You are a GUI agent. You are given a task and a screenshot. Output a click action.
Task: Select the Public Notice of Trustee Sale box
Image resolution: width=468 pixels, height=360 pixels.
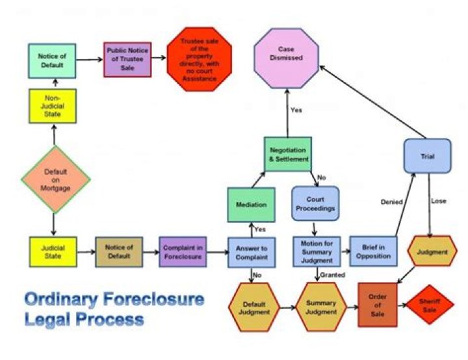127,60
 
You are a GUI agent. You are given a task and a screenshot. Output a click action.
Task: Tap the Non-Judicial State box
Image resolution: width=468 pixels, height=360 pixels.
53,106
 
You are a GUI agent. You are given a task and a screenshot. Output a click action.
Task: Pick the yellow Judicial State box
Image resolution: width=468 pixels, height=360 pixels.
53,252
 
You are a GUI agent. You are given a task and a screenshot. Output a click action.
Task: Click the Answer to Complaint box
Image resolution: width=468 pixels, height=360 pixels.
252,253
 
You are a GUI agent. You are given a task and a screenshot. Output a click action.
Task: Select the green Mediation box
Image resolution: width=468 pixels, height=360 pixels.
252,205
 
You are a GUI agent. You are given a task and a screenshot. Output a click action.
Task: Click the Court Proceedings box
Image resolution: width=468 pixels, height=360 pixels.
315,205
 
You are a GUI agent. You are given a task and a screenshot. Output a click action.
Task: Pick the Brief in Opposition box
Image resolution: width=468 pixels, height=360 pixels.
374,252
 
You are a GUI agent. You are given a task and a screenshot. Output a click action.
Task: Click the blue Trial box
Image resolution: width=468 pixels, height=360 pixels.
427,156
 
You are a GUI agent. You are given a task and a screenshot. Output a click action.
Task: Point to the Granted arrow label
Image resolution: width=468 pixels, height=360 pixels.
332,276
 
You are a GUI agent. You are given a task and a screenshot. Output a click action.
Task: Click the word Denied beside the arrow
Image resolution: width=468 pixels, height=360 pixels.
391,202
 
